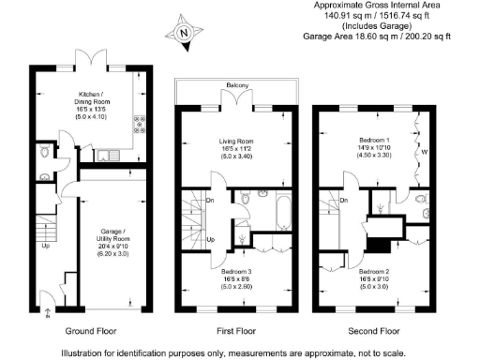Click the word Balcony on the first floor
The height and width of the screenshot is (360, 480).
(235, 87)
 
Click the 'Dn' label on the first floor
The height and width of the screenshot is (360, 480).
(211, 199)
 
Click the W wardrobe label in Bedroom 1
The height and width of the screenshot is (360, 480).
(424, 152)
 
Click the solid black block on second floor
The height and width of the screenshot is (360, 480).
(377, 246)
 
